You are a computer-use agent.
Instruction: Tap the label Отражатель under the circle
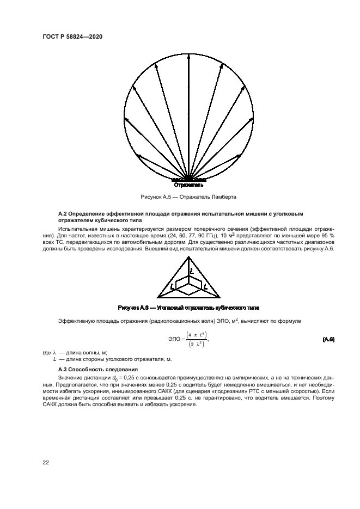click(188, 185)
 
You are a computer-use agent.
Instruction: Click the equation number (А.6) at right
click(328, 340)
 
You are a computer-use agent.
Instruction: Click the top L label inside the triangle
click(192, 270)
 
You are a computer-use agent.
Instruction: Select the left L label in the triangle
click(172, 286)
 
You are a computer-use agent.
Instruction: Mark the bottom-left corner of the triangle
click(157, 295)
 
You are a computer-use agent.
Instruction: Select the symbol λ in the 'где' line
click(55, 353)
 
